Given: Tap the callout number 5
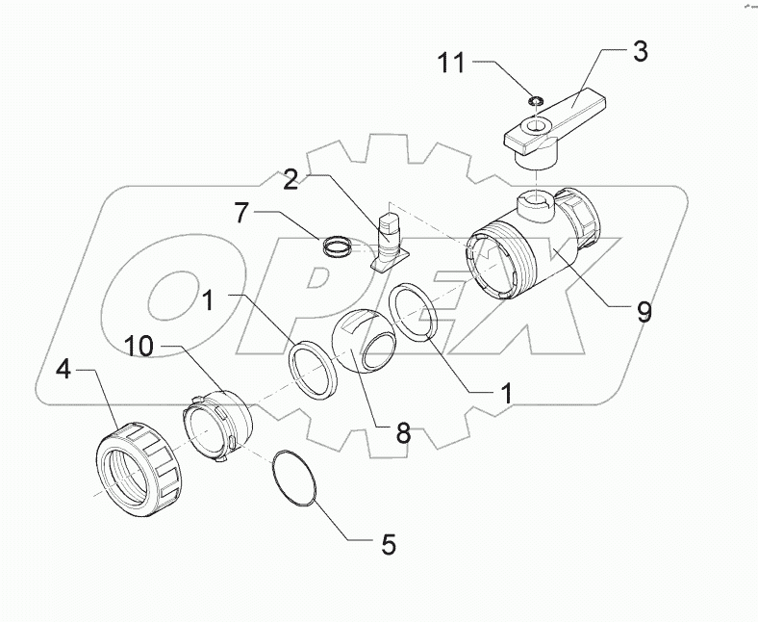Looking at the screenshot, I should click(388, 544).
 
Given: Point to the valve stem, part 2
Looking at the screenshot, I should click(390, 240).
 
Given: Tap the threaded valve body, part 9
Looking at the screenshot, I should click(524, 254).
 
